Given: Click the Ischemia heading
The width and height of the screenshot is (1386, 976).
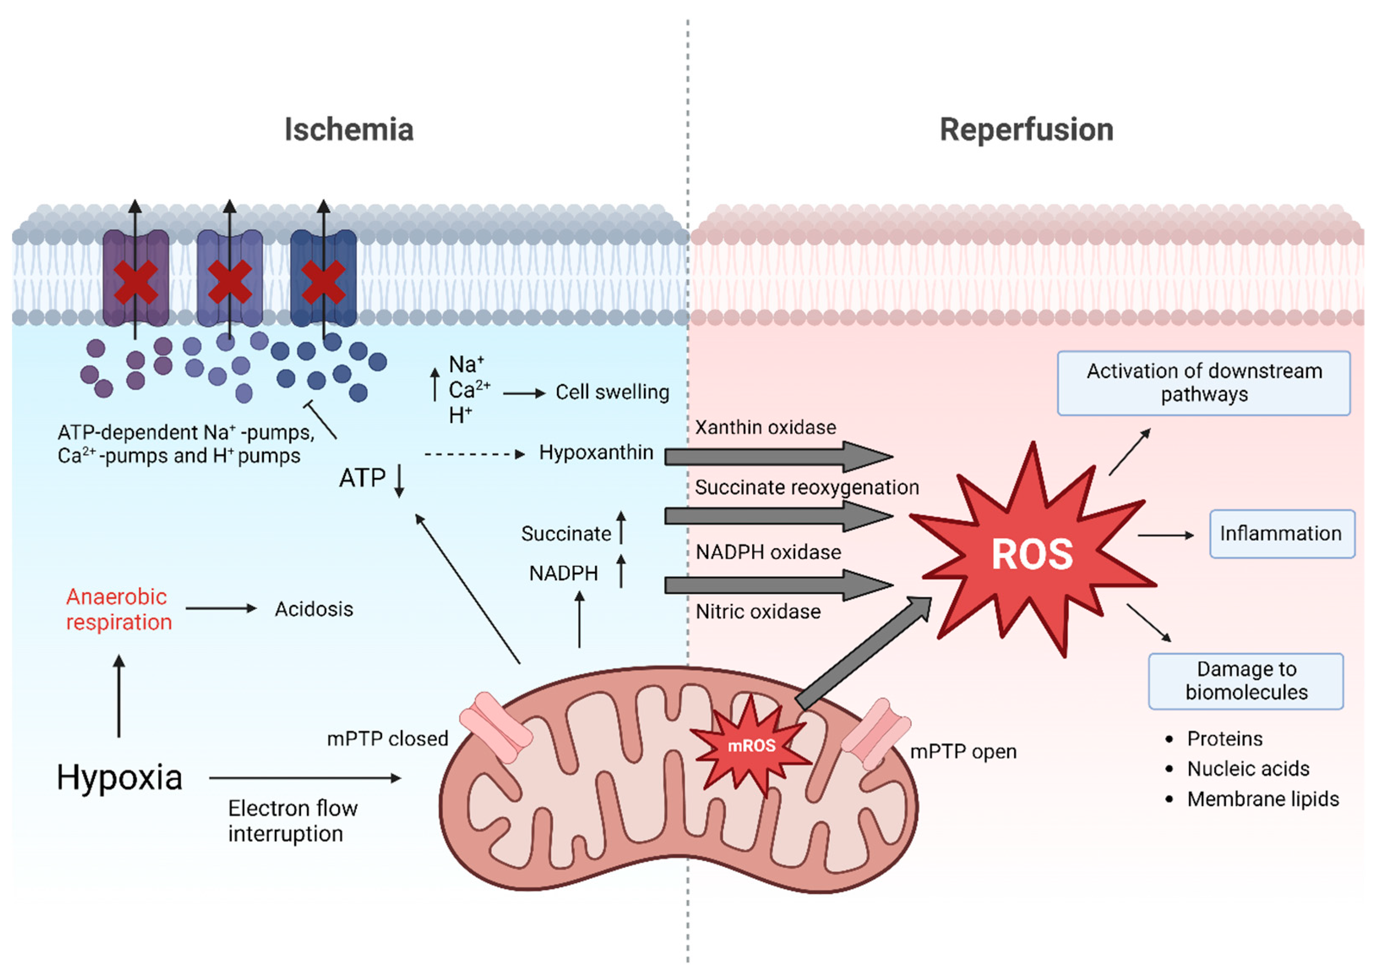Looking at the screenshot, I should tap(349, 130).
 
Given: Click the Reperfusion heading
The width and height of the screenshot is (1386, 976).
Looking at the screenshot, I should tap(1026, 130).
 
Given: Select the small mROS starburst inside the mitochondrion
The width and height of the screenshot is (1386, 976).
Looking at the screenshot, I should tap(751, 745).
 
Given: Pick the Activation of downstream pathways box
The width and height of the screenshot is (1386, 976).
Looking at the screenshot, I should tap(1204, 383).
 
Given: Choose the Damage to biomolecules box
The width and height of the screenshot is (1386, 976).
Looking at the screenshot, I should tap(1246, 680).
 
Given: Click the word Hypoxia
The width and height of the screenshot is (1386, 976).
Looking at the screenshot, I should tap(120, 778).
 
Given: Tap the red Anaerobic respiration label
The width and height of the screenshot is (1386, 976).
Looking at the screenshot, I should tap(118, 609).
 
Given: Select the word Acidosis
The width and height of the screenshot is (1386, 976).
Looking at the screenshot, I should tap(314, 609).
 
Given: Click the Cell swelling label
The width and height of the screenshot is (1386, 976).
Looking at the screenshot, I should tap(612, 392).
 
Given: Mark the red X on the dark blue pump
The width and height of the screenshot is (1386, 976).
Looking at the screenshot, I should tap(323, 282).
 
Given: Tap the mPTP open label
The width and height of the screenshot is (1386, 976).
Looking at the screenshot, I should tap(963, 751).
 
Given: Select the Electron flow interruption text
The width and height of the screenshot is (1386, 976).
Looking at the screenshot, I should tap(292, 821).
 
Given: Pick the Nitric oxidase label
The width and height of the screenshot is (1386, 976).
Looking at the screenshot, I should tap(758, 612).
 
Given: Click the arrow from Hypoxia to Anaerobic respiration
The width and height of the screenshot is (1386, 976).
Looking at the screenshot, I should tap(119, 697).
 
